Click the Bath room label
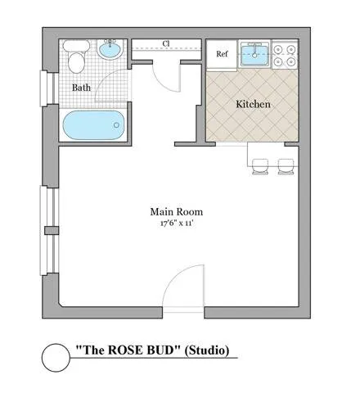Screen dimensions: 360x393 [x=81, y=88]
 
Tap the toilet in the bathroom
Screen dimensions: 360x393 [x=76, y=56]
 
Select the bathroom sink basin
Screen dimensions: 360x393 [x=110, y=50]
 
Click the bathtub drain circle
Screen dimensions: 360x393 [x=116, y=125]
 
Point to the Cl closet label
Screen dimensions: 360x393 [x=166, y=43]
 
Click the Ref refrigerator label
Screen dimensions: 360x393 [x=222, y=54]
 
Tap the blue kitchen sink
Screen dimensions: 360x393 [x=254, y=56]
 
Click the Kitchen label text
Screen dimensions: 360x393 [x=253, y=104]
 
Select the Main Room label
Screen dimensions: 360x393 [x=177, y=212]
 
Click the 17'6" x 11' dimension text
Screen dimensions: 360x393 [x=177, y=224]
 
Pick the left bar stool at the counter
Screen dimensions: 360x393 [x=260, y=166]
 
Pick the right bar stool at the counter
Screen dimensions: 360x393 [x=286, y=166]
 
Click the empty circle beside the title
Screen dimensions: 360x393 [x=56, y=357]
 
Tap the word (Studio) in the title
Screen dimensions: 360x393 [x=207, y=350]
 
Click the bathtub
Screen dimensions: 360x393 [x=93, y=125]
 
